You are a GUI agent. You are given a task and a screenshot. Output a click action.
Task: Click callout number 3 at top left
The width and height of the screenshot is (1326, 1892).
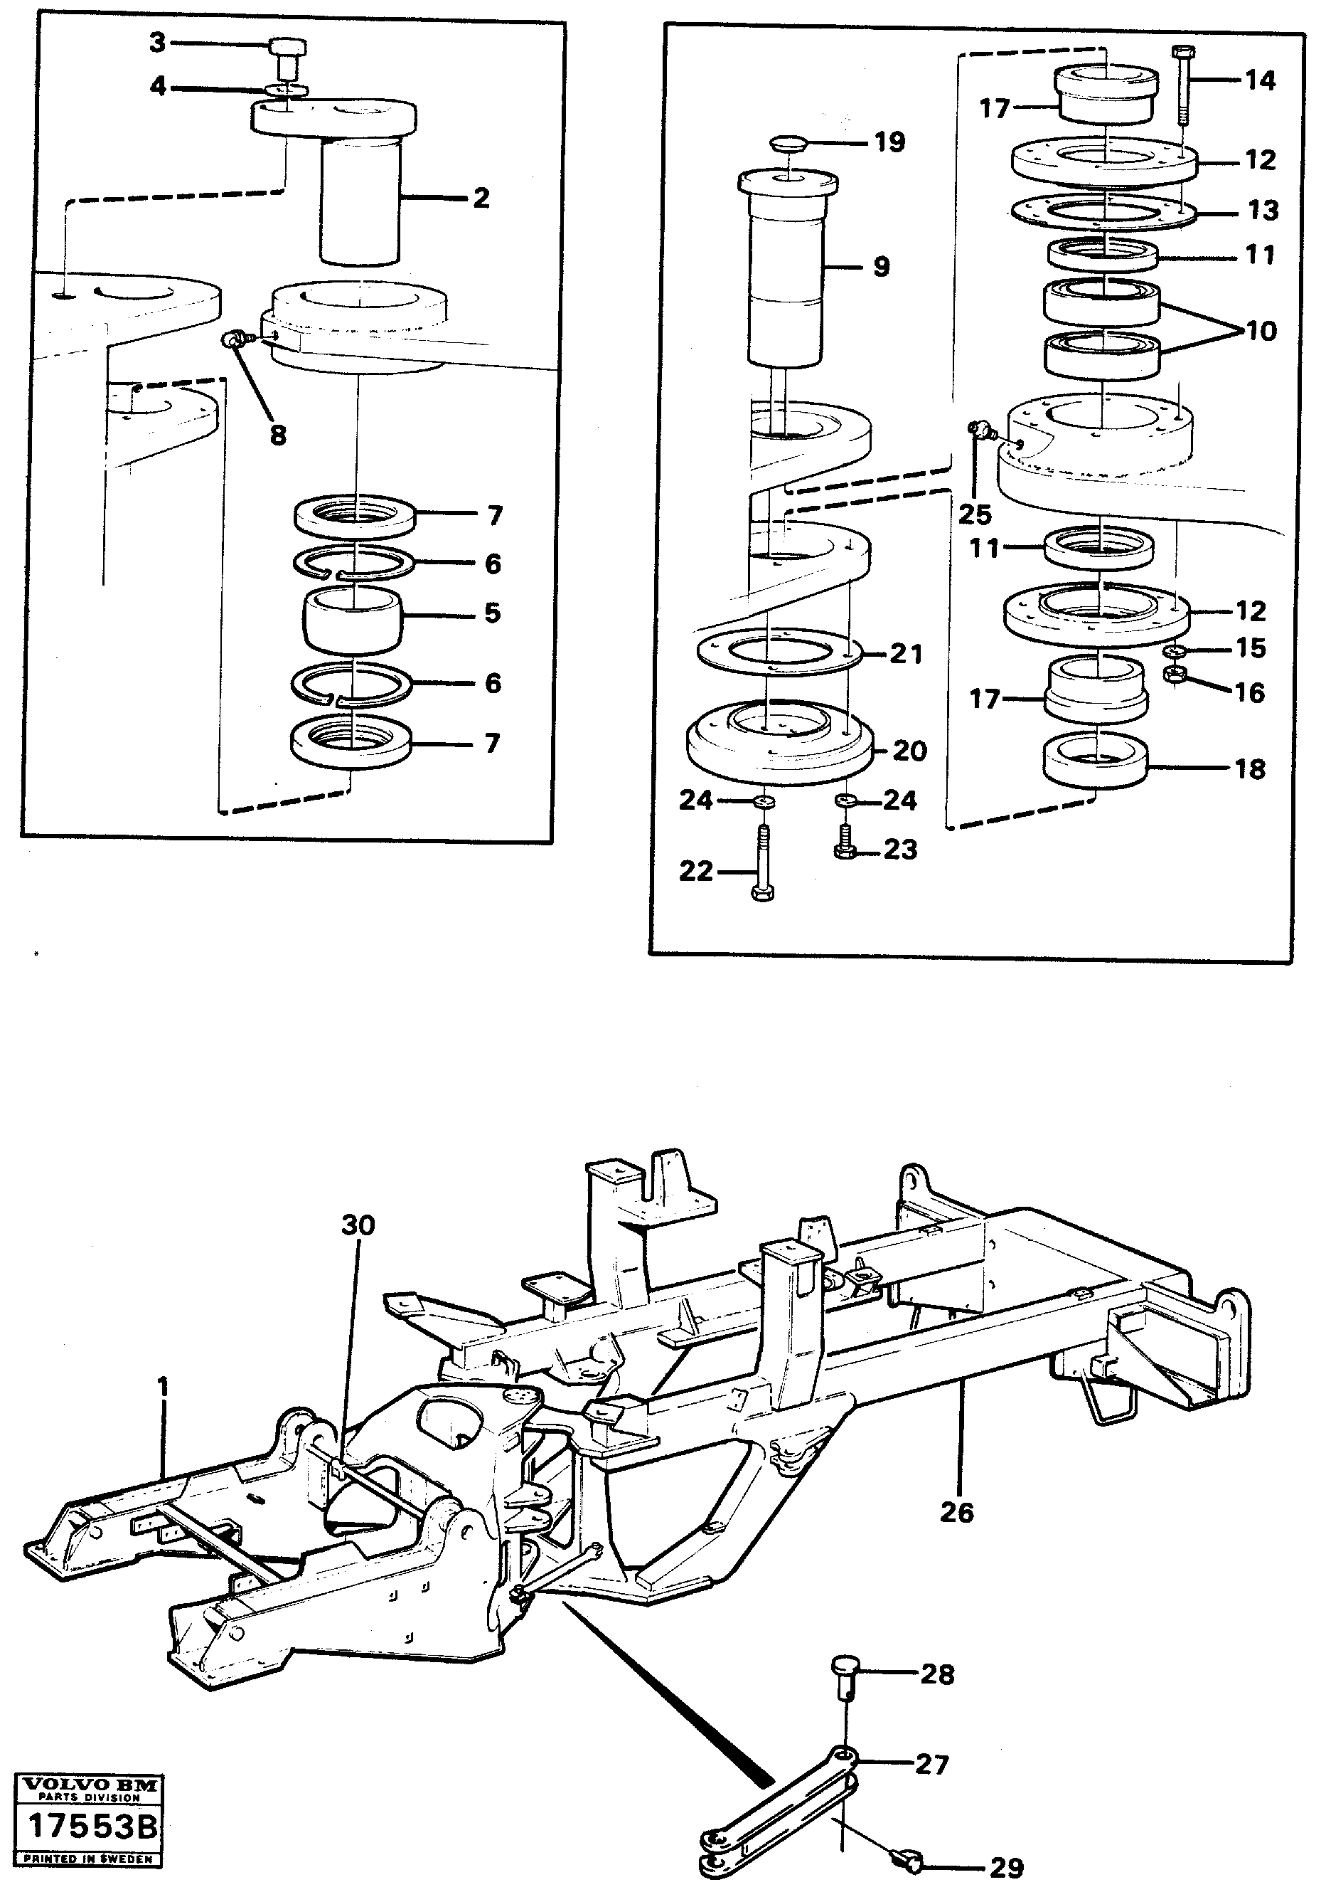click(157, 42)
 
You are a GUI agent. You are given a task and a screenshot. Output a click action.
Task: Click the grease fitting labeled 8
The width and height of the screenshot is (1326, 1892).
click(234, 339)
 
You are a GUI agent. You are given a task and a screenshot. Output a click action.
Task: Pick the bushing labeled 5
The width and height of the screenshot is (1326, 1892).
click(353, 620)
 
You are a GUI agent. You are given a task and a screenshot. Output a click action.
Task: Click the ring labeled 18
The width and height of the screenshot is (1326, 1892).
click(1096, 760)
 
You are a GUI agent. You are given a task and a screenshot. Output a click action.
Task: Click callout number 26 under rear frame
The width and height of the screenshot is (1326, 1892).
click(956, 1512)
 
